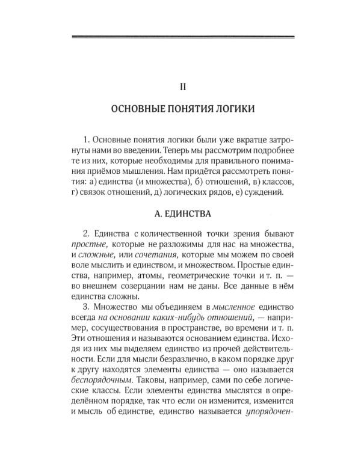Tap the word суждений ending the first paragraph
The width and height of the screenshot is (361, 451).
(x=271, y=193)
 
